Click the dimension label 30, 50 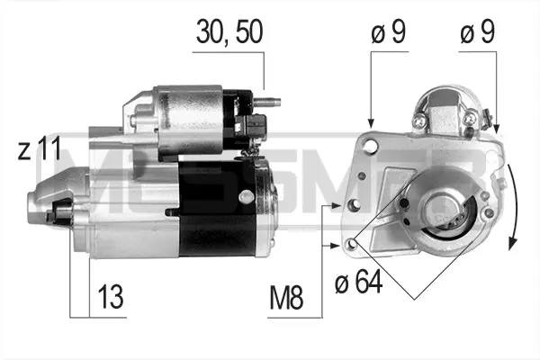pos(229,31)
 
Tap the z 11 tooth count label pos(40,148)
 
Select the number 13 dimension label pos(111,296)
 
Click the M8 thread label pos(286,297)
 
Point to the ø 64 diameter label pos(358,281)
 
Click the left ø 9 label pos(389,31)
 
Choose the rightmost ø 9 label pos(478,31)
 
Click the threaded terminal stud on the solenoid pos(267,102)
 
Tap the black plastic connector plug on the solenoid pos(252,124)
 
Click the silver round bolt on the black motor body pos(246,196)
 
